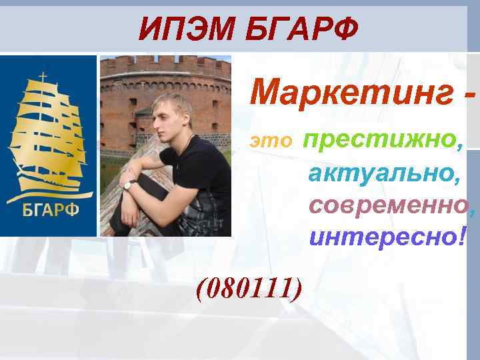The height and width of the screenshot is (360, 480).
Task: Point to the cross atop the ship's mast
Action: [44, 77]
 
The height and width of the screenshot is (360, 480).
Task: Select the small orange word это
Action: [271, 141]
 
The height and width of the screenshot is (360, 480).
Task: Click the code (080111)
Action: [248, 287]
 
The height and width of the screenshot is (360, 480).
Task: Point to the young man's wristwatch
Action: [132, 184]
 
